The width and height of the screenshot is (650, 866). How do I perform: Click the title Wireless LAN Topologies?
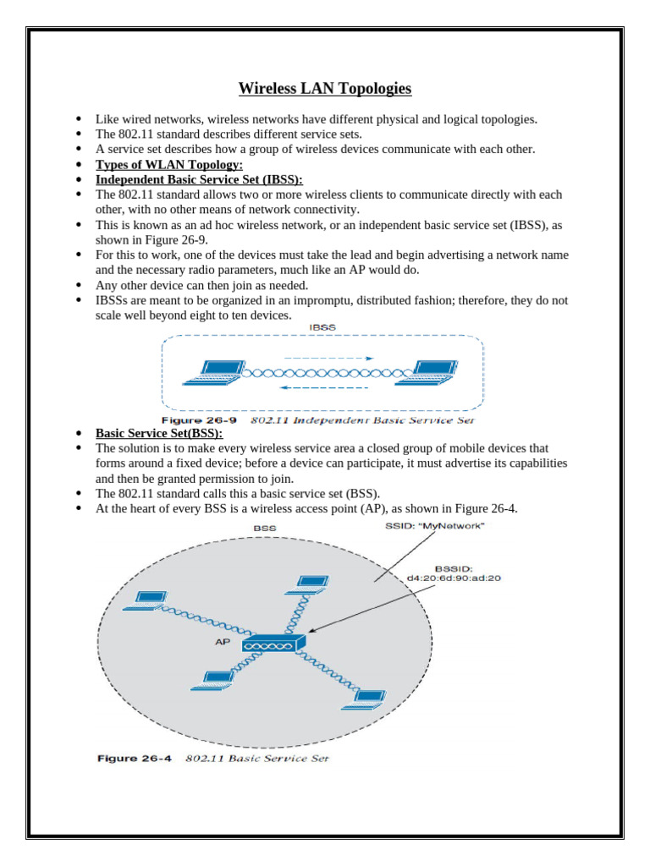(x=324, y=89)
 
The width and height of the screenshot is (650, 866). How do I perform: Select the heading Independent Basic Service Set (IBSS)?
(x=198, y=180)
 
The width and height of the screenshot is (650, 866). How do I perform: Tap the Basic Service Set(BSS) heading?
(x=158, y=433)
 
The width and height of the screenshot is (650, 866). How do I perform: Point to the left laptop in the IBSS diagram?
(x=216, y=371)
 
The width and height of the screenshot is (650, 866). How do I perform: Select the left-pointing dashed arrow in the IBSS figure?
(x=324, y=388)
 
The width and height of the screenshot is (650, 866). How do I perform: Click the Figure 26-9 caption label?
(x=200, y=419)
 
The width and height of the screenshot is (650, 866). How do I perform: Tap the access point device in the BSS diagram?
(x=273, y=644)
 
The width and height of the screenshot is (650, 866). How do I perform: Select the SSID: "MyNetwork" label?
(x=435, y=526)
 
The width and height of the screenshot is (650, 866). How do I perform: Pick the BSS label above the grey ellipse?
(x=265, y=528)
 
